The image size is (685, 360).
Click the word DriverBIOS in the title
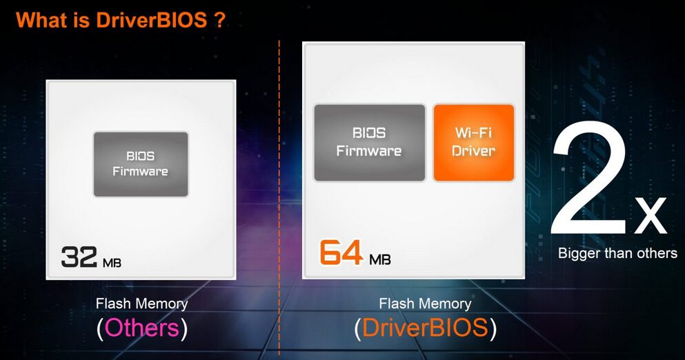[x=151, y=20]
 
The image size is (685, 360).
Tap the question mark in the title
[x=220, y=20]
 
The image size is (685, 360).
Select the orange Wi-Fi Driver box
[x=473, y=142]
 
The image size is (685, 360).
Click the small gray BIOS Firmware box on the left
[x=141, y=164]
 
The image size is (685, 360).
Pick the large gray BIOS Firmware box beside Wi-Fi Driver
[x=369, y=142]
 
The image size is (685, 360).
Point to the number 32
[x=79, y=257]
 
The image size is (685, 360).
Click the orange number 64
[x=341, y=252]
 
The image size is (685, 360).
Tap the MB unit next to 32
[x=112, y=263]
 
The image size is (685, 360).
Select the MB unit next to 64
[x=380, y=259]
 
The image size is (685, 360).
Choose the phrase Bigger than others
[x=617, y=253]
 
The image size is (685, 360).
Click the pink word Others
[x=142, y=328]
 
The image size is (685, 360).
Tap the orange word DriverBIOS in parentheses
[x=425, y=328]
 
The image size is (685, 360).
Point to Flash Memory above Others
[x=142, y=303]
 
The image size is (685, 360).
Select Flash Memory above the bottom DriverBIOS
[x=425, y=303]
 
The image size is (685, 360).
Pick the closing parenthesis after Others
[x=184, y=328]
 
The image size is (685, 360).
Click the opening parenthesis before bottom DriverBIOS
[x=358, y=328]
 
